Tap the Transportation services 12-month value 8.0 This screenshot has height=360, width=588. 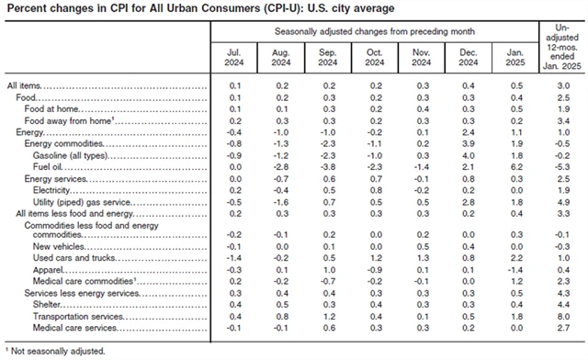tap(564, 315)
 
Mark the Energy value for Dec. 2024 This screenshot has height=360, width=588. tap(468, 131)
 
